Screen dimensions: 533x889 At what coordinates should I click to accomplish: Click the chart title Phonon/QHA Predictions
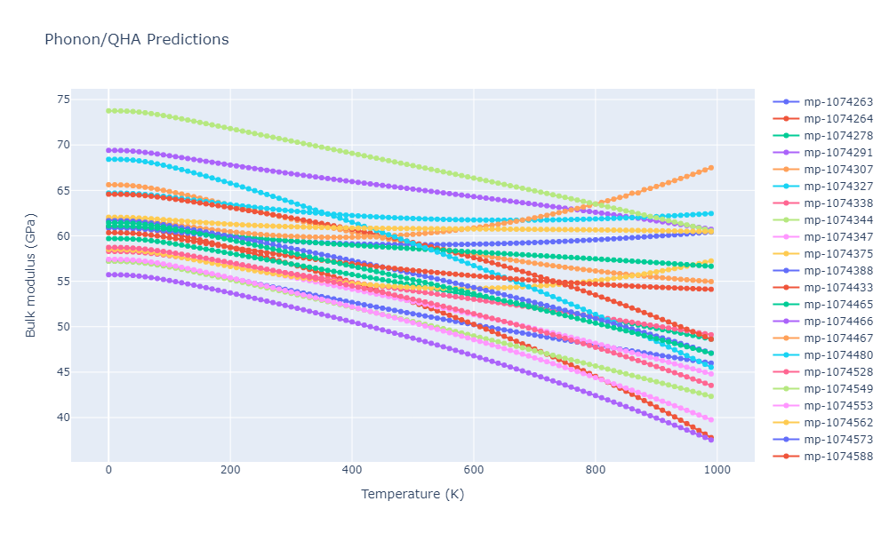(136, 40)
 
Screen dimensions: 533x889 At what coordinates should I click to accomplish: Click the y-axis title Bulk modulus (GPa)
(31, 275)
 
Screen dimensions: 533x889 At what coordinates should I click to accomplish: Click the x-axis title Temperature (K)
(412, 494)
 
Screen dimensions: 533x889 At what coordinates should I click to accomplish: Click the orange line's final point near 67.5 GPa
(711, 168)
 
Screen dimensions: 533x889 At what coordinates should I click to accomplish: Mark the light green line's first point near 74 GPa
(108, 111)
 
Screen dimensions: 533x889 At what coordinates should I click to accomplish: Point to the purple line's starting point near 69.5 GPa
(108, 150)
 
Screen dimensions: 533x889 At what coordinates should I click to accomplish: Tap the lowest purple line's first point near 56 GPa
(108, 274)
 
